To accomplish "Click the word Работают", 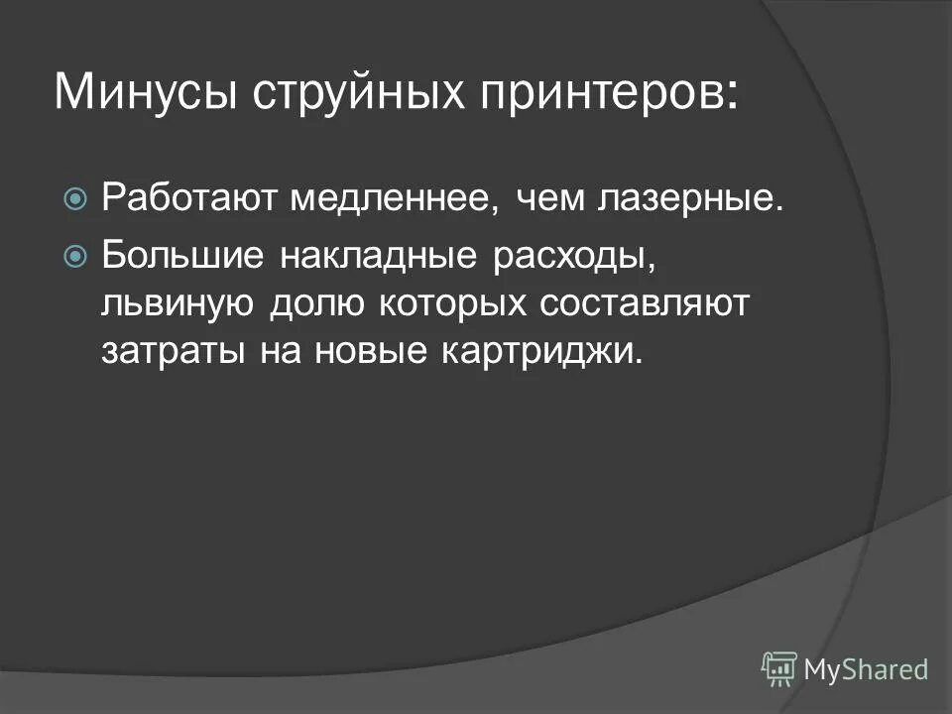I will [189, 199].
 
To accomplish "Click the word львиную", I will [177, 303].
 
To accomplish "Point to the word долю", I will [314, 303].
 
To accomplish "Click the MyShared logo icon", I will [778, 668].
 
